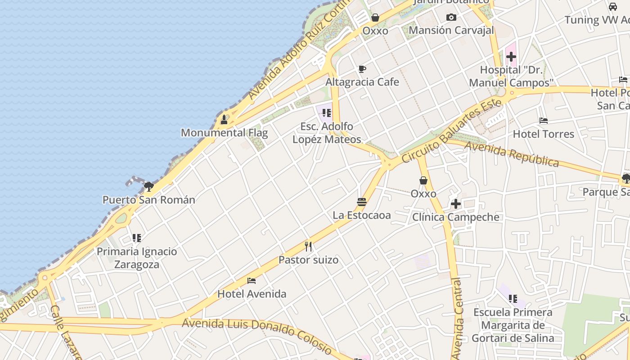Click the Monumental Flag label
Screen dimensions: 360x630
224,133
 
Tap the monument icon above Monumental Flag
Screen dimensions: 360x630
224,120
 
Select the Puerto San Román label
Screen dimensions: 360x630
149,200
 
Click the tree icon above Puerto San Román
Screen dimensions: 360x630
149,186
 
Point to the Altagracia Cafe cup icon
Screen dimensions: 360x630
362,69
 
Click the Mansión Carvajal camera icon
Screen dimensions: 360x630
451,18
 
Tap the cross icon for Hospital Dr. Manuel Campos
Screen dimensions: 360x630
511,57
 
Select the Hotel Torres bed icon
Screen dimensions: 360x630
544,121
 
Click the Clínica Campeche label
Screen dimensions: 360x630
456,217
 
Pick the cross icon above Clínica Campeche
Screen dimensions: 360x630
456,204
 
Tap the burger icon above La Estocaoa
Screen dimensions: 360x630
361,202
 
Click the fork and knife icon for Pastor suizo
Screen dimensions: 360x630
308,246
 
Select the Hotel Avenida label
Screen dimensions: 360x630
252,294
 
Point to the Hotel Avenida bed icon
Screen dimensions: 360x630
252,281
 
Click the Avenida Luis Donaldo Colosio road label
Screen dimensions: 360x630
257,333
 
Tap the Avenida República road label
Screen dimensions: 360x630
511,153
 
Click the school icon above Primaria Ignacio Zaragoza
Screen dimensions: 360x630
136,238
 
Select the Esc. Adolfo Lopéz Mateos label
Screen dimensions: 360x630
327,133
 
